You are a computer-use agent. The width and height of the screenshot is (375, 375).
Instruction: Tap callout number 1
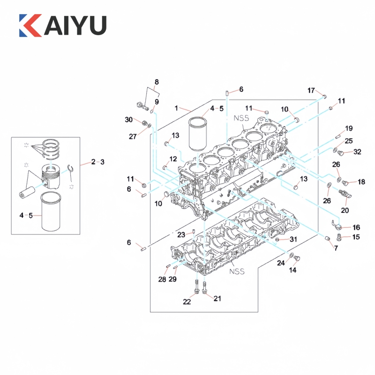pyautogui.click(x=177, y=108)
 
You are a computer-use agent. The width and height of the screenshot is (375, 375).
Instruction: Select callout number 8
pyautogui.click(x=157, y=82)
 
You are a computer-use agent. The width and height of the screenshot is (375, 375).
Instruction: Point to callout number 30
pyautogui.click(x=129, y=120)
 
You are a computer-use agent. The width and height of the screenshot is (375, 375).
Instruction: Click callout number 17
pyautogui.click(x=311, y=90)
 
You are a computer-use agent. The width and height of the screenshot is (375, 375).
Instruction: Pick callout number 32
pyautogui.click(x=357, y=152)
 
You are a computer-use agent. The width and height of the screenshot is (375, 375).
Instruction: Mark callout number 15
pyautogui.click(x=356, y=237)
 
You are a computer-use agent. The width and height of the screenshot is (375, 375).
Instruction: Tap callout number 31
pyautogui.click(x=293, y=239)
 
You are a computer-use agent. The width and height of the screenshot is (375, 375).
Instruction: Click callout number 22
pyautogui.click(x=187, y=302)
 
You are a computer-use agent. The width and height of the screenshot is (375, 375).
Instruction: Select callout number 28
pyautogui.click(x=162, y=280)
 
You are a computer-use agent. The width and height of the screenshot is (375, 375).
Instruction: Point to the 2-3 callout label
pyautogui.click(x=98, y=162)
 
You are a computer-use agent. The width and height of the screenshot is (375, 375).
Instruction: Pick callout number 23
pyautogui.click(x=181, y=235)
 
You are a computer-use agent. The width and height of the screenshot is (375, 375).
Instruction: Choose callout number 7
pyautogui.click(x=336, y=247)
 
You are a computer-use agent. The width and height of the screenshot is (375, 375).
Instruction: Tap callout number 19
pyautogui.click(x=348, y=128)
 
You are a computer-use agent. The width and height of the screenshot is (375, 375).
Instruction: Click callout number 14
pyautogui.click(x=293, y=270)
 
